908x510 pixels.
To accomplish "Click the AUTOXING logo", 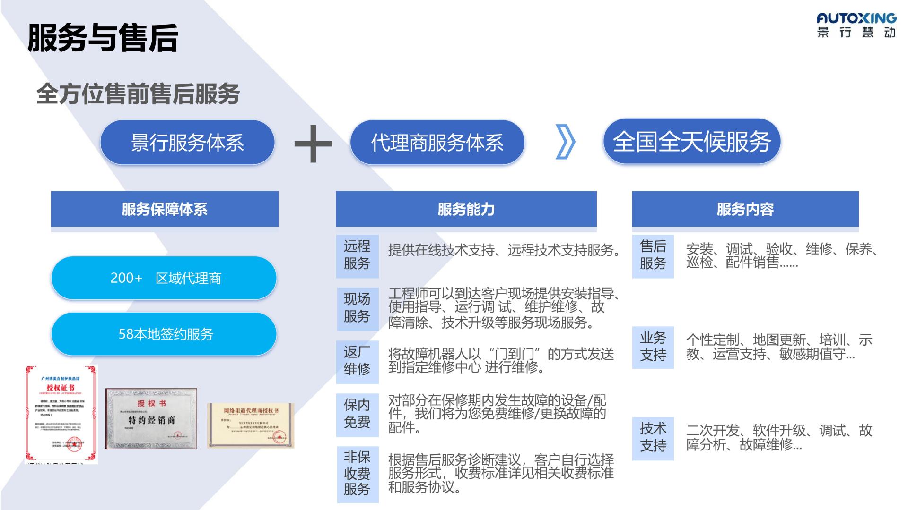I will [x=856, y=25].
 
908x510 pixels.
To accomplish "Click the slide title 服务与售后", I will [x=103, y=38].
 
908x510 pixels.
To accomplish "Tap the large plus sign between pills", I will [x=313, y=143].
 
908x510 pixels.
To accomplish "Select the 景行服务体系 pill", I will [x=187, y=142].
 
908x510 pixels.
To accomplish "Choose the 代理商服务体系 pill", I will [x=437, y=142].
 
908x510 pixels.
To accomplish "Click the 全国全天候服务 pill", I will [x=691, y=141].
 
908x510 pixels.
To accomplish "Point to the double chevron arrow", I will [x=565, y=142].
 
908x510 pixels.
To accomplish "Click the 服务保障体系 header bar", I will [x=165, y=209].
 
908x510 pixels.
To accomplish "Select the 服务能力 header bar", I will [x=466, y=209].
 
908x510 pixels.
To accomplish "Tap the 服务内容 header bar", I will [x=745, y=209].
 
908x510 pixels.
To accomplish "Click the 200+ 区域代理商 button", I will [x=164, y=278].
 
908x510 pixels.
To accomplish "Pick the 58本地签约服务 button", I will [x=164, y=334].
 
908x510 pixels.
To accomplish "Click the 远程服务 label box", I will [x=357, y=255].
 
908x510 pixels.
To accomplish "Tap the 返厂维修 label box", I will [x=357, y=361].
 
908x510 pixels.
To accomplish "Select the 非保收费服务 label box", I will [x=357, y=474].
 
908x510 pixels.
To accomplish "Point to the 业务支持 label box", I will [x=653, y=347].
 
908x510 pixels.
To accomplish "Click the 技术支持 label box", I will [x=653, y=438].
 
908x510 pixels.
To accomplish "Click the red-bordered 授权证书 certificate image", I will [x=61, y=415].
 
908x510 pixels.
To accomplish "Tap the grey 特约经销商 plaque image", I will [x=151, y=418].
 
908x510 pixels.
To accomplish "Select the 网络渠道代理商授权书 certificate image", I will [x=251, y=425].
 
